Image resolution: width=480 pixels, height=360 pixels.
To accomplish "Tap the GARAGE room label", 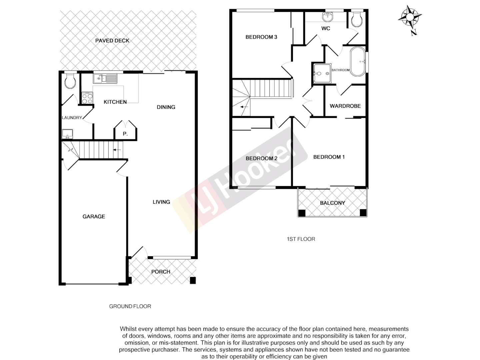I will coord(94,217).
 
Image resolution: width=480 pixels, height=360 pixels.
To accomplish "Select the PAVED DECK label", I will coord(112,41).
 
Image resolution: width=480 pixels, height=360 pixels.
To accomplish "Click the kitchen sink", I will coord(105,79).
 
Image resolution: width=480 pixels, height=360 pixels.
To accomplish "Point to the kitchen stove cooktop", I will coord(87,98).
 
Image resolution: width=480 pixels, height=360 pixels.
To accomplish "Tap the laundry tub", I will coord(67,134).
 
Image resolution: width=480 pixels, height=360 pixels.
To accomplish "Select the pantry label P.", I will coord(125,134).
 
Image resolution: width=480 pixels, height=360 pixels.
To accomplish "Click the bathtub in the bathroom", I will coord(358,62).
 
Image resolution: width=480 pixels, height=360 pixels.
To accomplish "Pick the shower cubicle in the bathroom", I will coord(322,73).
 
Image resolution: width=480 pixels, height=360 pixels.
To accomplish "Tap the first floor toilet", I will coord(357,20).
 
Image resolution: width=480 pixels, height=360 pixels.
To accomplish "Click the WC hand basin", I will coord(328,16).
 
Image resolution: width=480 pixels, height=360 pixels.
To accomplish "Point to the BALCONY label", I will coord(332,203).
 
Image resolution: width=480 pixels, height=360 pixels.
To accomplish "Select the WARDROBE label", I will coord(345,106).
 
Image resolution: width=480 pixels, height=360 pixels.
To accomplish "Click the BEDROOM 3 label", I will coord(261,37).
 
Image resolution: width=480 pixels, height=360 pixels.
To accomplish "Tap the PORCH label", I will coord(161,272).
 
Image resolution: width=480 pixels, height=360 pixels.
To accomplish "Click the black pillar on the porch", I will coord(192,280).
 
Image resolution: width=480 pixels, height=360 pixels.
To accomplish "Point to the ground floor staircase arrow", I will coord(117,150).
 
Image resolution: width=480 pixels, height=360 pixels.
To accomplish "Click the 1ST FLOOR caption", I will coord(301,239).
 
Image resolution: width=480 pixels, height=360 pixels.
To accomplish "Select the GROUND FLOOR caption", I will coord(130,306).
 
